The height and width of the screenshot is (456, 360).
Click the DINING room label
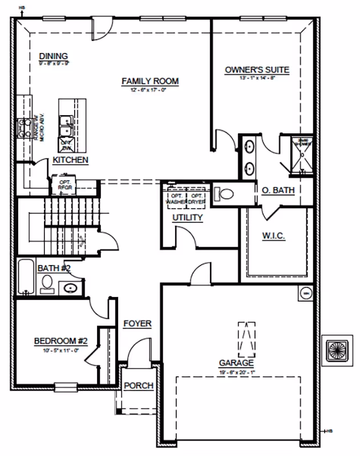(x=54, y=56)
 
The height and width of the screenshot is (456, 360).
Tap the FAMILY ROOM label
(x=150, y=82)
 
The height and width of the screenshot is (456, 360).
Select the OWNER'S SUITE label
(x=257, y=70)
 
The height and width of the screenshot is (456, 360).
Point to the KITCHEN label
(x=71, y=160)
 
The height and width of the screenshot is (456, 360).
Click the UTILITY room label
(x=188, y=218)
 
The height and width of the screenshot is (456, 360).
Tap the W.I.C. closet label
(x=274, y=235)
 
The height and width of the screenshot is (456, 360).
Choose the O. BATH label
(x=278, y=190)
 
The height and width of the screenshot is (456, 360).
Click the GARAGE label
(x=236, y=363)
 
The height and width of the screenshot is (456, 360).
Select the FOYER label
(x=137, y=324)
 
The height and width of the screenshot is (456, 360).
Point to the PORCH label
(x=139, y=386)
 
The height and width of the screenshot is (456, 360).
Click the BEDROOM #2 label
(x=60, y=341)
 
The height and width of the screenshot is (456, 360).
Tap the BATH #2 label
(x=54, y=268)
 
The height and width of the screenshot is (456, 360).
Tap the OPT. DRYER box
(x=198, y=198)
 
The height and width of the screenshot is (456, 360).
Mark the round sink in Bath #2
(x=70, y=287)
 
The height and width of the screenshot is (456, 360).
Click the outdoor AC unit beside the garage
(x=335, y=348)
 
